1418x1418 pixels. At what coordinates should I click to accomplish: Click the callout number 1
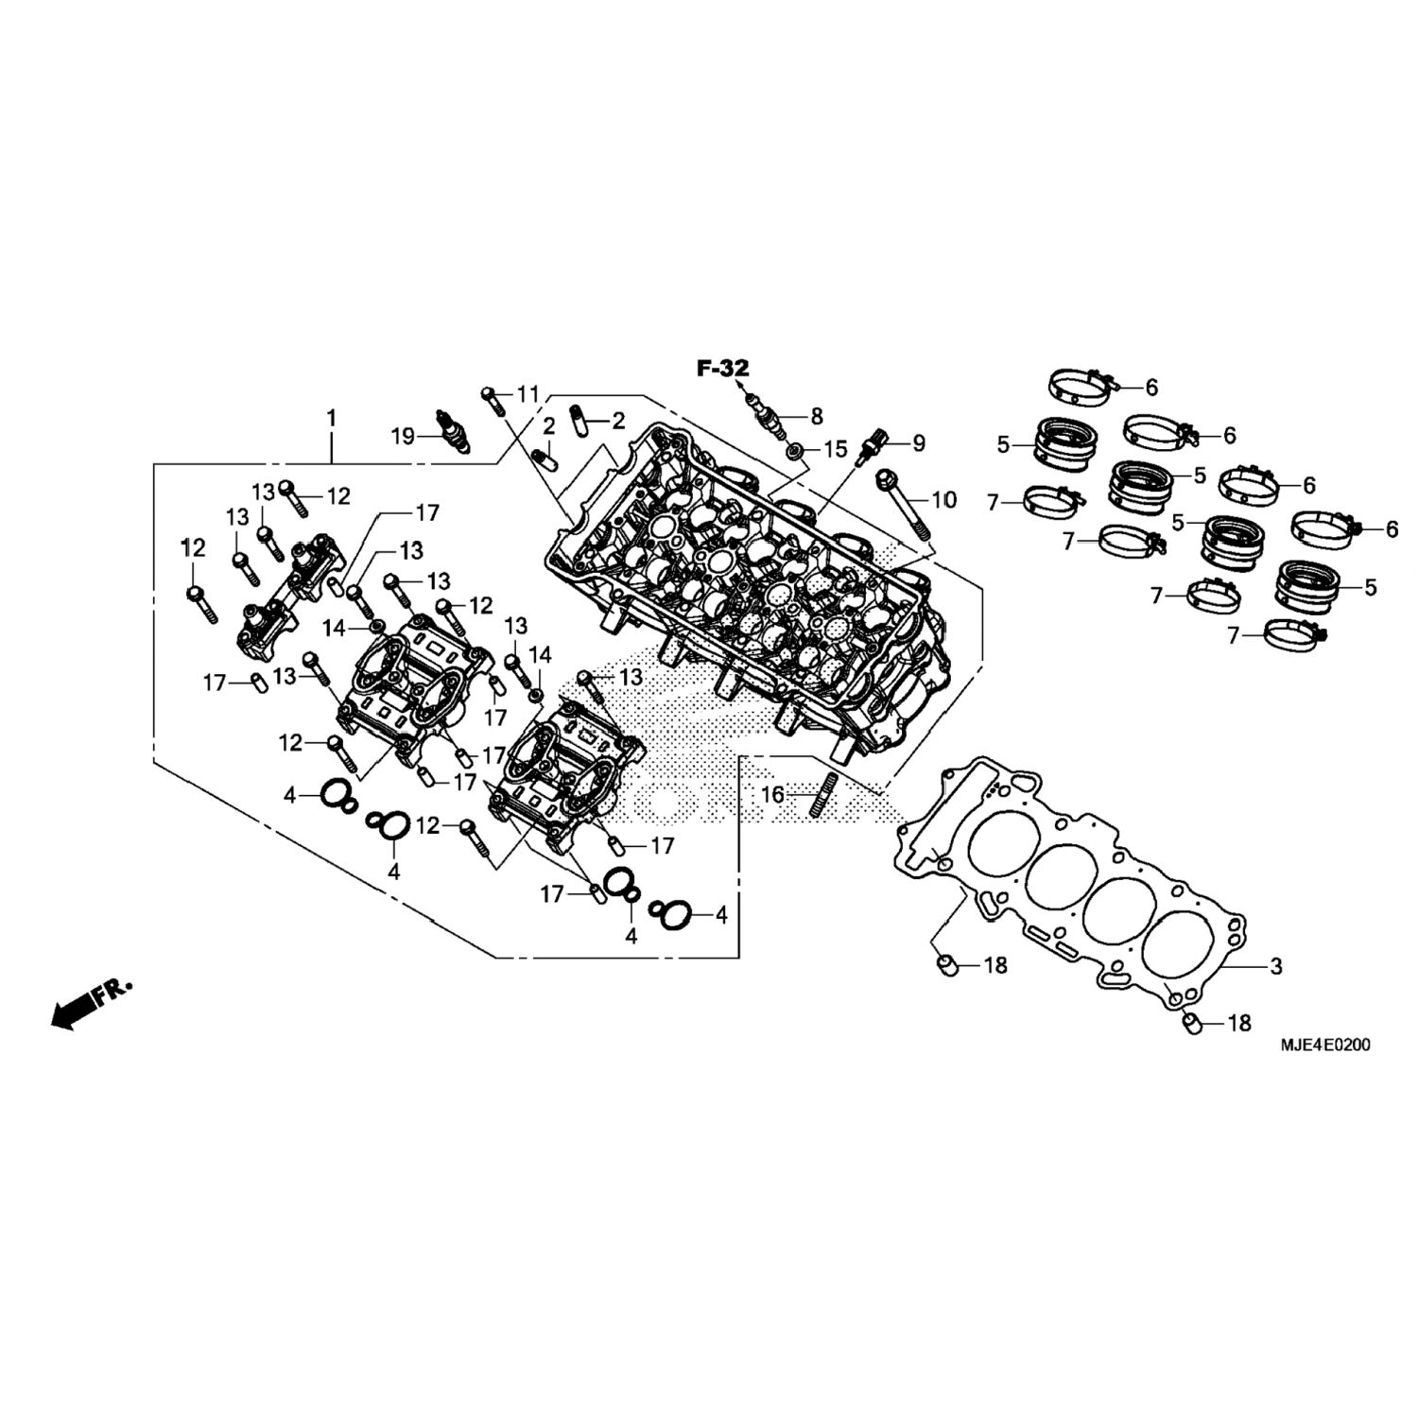point(332,417)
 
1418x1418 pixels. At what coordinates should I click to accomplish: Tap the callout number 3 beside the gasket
point(1276,966)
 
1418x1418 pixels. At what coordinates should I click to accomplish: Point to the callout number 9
point(918,442)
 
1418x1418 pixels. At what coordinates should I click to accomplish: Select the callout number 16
point(773,795)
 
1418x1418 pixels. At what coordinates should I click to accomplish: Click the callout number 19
point(404,436)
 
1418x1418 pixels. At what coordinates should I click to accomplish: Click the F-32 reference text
point(723,369)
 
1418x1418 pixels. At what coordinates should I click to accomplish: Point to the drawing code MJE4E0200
point(1326,1046)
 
